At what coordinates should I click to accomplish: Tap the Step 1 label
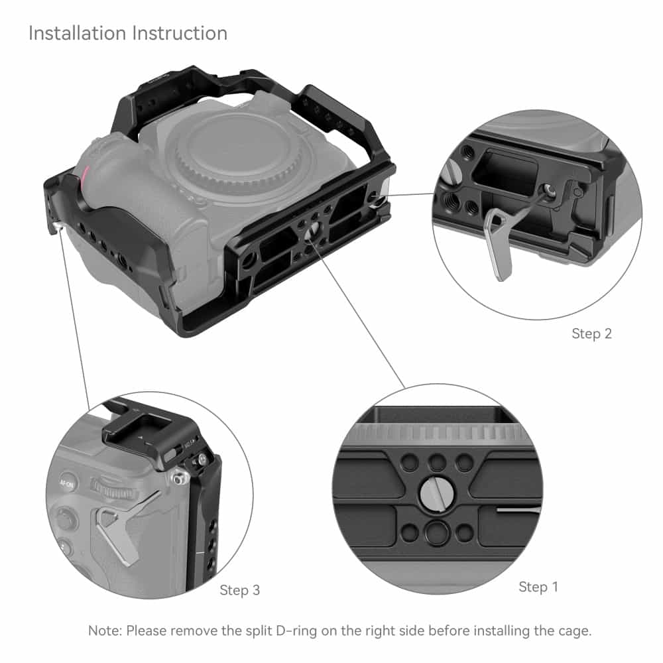[538, 587]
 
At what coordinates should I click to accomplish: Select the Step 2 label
[591, 333]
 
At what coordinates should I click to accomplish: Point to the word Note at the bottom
[103, 631]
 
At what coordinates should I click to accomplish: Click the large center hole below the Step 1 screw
[436, 531]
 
